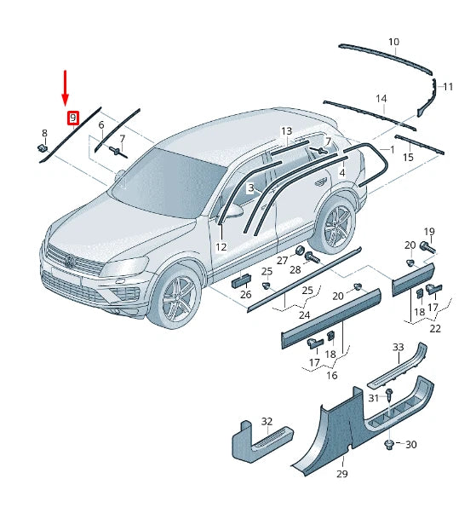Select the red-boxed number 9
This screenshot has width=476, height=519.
point(73,118)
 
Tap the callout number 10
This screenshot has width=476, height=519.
point(393,42)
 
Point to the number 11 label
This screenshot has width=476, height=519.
point(448,87)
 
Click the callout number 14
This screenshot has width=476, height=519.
point(381,99)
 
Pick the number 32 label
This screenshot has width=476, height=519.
point(267,421)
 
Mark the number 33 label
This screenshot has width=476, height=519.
point(398,347)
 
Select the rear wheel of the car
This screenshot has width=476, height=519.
point(335,223)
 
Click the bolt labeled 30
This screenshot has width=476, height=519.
point(390,444)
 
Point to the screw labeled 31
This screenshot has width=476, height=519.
point(389,395)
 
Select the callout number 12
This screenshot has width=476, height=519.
point(221,247)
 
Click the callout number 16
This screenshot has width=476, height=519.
point(332,375)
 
